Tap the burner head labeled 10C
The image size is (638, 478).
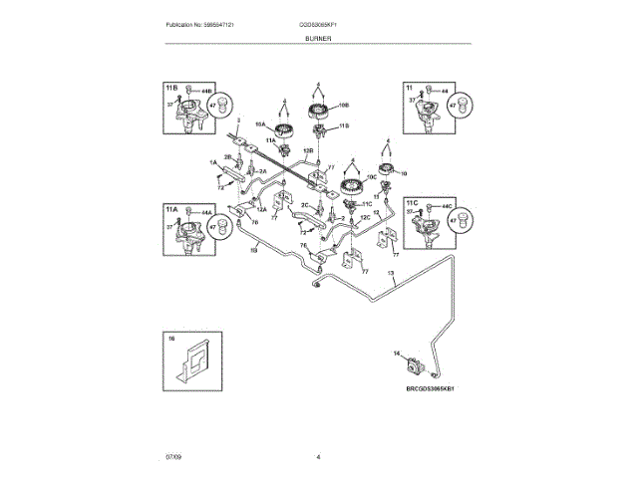tap(351, 186)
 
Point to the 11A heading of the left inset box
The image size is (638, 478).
tap(171, 210)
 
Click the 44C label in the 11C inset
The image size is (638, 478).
tap(448, 203)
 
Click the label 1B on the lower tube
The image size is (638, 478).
tap(253, 251)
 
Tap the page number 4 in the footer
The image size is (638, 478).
tap(318, 457)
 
